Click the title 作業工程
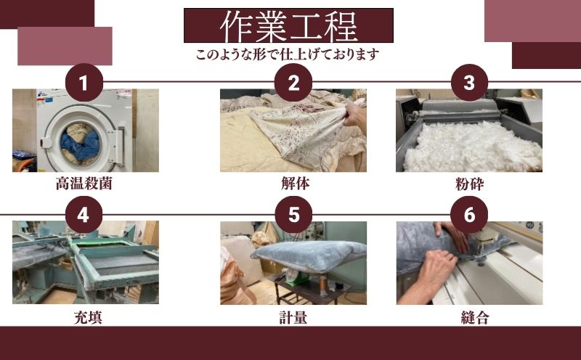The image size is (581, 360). pos(288,25)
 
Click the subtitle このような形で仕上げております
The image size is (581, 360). pos(288,54)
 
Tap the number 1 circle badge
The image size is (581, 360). pos(84,83)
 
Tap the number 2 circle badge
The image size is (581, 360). pos(293,83)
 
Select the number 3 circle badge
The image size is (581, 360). pos(468,83)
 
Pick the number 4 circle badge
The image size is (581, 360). pos(84,215)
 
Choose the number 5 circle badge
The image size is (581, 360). pos(293,215)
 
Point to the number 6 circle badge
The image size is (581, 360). pos(468,215)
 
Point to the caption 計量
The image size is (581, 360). pos(295,316)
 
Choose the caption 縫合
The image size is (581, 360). pos(469,316)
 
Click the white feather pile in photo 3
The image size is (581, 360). pos(472,145)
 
